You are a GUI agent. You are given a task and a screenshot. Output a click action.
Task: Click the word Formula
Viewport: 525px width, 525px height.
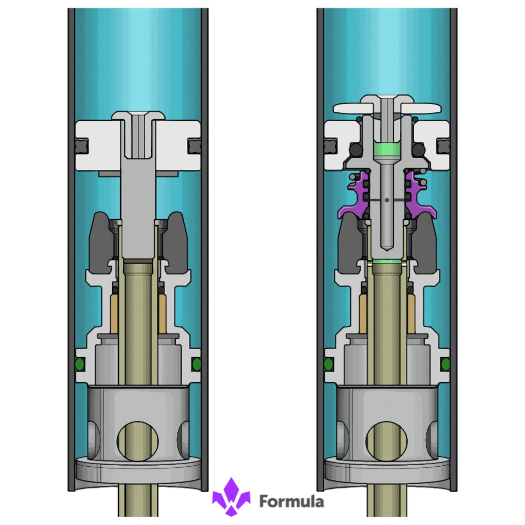tap(291, 501)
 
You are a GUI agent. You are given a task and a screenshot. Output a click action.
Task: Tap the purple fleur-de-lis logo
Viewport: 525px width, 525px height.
tap(231, 497)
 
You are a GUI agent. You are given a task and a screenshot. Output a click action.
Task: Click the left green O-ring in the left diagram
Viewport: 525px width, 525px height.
tap(80, 364)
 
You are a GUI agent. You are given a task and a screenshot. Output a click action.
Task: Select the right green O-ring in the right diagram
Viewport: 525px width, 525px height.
tap(445, 364)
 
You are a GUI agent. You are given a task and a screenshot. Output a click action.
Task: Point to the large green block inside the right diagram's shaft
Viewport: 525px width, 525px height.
tap(387, 150)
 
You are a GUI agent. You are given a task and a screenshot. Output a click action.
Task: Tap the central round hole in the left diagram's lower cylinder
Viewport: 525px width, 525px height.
tap(137, 441)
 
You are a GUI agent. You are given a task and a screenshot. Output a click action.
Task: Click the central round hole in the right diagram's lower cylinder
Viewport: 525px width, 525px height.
tap(386, 441)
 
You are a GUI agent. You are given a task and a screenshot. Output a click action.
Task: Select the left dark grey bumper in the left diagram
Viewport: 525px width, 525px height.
tap(100, 243)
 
